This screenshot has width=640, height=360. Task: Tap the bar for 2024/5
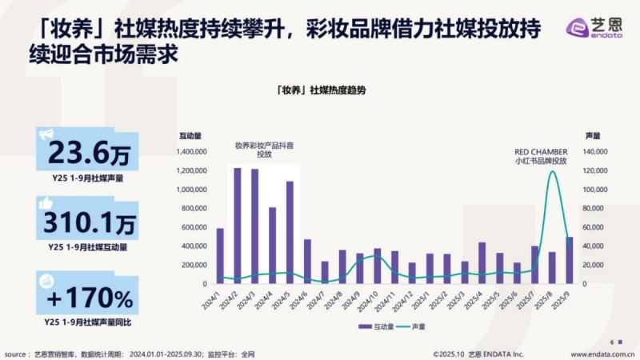pos(290,232)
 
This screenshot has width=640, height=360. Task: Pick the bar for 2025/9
pos(569,260)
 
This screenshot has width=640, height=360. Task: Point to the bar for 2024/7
pos(325,272)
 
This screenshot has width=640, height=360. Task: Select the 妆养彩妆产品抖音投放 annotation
pos(263,150)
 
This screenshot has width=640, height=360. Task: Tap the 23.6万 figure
pos(89,152)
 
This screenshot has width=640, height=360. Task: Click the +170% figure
pos(89,299)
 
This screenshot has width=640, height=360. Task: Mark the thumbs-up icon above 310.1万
pos(46,204)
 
